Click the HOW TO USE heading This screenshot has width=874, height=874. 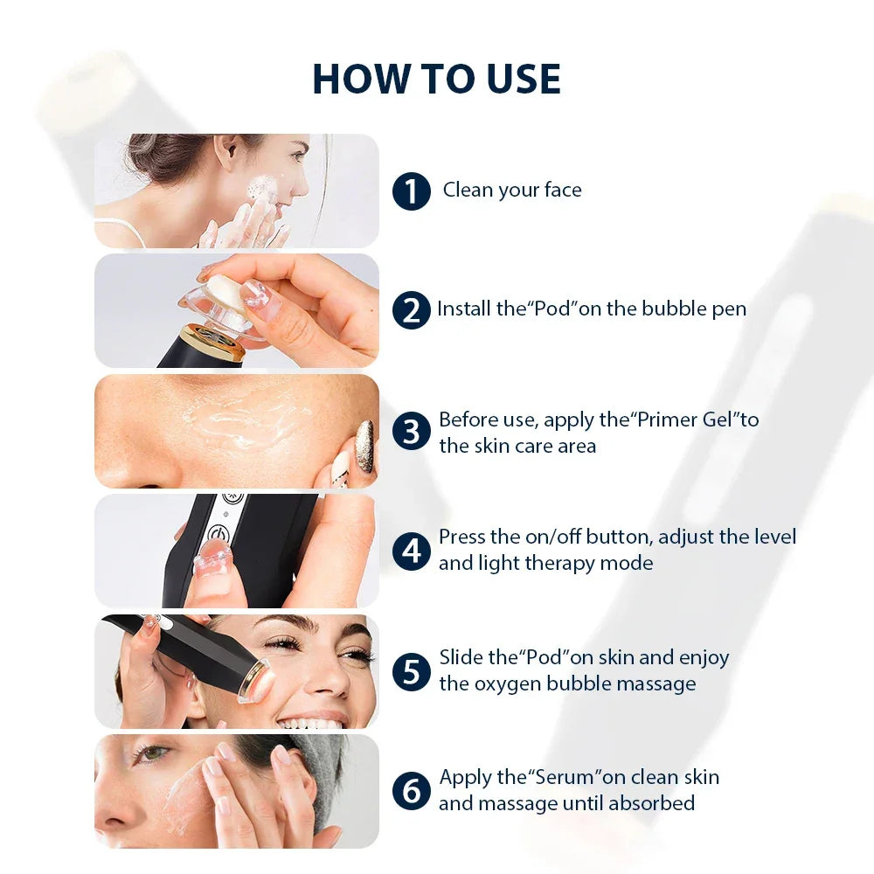pyautogui.click(x=436, y=79)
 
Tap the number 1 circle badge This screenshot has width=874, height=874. pyautogui.click(x=411, y=191)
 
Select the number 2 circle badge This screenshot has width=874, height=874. pyautogui.click(x=411, y=310)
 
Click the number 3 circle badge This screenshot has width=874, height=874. pyautogui.click(x=411, y=433)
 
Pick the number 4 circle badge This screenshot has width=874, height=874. pyautogui.click(x=411, y=551)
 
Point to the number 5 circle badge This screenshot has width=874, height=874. pyautogui.click(x=411, y=671)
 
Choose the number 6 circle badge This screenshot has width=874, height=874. pyautogui.click(x=411, y=791)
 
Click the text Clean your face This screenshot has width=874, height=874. pyautogui.click(x=512, y=190)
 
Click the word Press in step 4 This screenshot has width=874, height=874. pyautogui.click(x=461, y=537)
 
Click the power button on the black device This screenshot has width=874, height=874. pyautogui.click(x=218, y=532)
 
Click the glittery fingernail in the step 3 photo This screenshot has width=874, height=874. pyautogui.click(x=364, y=434)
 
